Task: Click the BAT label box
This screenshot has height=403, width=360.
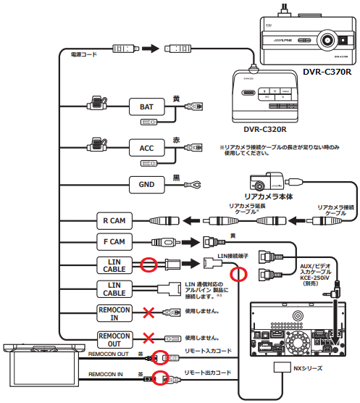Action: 146,107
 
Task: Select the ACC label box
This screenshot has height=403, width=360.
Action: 146,148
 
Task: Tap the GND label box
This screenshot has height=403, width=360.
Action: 146,184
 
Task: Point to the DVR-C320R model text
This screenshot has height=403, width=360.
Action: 264,130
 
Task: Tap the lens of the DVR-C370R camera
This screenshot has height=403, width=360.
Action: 330,41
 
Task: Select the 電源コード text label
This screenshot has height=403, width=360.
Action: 84,54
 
